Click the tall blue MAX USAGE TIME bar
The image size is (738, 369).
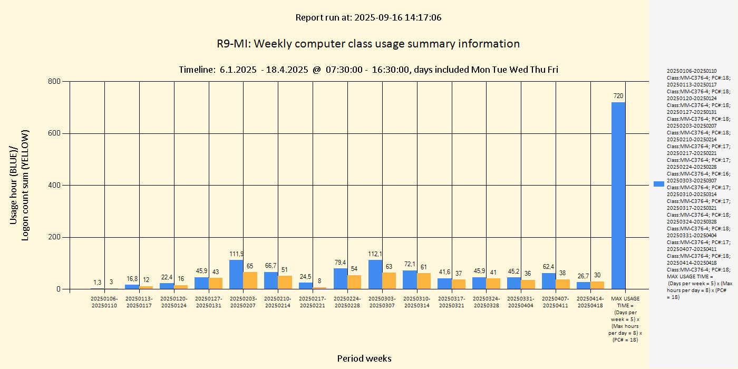click(x=618, y=195)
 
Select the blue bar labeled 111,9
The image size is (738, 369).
click(x=236, y=274)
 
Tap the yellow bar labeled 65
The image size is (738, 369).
click(x=250, y=280)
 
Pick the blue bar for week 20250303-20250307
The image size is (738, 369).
click(x=375, y=274)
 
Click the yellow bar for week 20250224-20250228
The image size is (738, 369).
click(x=354, y=282)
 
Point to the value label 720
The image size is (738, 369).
click(x=618, y=96)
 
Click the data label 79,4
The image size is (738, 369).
click(x=341, y=263)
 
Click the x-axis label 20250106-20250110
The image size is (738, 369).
click(x=104, y=302)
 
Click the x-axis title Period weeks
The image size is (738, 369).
click(x=364, y=358)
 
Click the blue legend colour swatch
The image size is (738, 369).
click(x=658, y=184)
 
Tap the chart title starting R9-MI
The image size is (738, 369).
click(x=368, y=44)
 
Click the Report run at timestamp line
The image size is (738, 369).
click(x=368, y=17)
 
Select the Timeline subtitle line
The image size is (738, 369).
click(x=368, y=70)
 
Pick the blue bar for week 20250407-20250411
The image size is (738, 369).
click(x=549, y=281)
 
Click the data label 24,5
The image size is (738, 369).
click(x=306, y=277)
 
